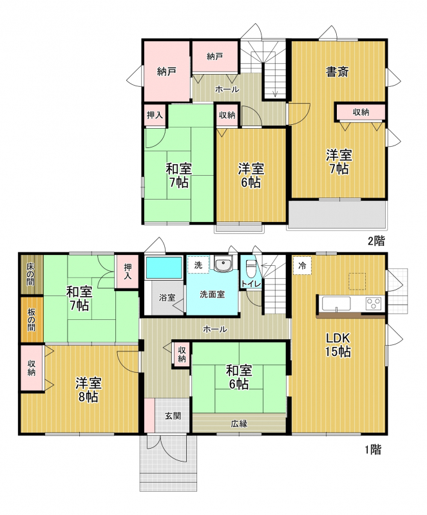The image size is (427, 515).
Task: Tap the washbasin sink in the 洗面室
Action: tap(223, 264)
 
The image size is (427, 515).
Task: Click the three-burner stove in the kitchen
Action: tap(374, 303)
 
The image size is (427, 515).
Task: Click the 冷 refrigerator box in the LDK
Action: tap(302, 266)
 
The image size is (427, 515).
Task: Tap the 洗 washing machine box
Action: tap(198, 265)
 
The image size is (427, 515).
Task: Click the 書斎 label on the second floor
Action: tap(337, 71)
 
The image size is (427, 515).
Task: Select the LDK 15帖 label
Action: tap(338, 344)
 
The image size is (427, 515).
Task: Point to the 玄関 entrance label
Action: tap(173, 416)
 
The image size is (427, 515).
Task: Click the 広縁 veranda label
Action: tap(239, 424)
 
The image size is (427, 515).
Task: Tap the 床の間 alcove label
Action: tap(30, 274)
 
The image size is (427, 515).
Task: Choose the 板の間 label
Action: tap(31, 319)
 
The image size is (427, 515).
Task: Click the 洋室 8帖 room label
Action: tap(88, 390)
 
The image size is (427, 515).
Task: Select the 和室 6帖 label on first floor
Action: tap(239, 377)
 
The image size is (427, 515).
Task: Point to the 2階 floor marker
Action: tap(376, 241)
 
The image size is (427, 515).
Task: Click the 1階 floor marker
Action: tap(373, 449)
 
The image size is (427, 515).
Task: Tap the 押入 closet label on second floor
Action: tap(155, 115)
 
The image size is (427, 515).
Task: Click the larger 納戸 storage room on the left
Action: tap(167, 71)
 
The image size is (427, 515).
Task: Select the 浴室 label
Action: tap(167, 297)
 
